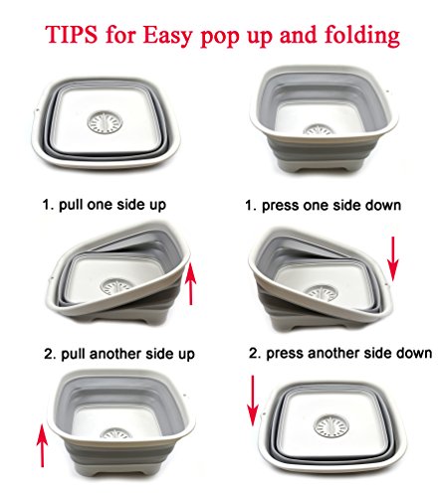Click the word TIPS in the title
(72, 34)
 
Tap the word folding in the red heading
(362, 35)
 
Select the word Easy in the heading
(167, 36)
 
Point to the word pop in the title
(221, 38)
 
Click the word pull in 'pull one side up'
(71, 205)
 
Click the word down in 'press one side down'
(383, 205)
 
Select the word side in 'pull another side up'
(160, 354)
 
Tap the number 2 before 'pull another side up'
(49, 354)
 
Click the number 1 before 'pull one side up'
(47, 205)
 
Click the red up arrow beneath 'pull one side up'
(190, 282)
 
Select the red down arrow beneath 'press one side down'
(393, 258)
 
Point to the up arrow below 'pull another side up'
(42, 445)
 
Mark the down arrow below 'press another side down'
(253, 401)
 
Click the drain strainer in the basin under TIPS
(105, 122)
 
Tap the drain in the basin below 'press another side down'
(331, 425)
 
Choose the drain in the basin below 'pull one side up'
(116, 286)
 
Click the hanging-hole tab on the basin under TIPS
(37, 110)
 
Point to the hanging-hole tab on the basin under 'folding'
(387, 91)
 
